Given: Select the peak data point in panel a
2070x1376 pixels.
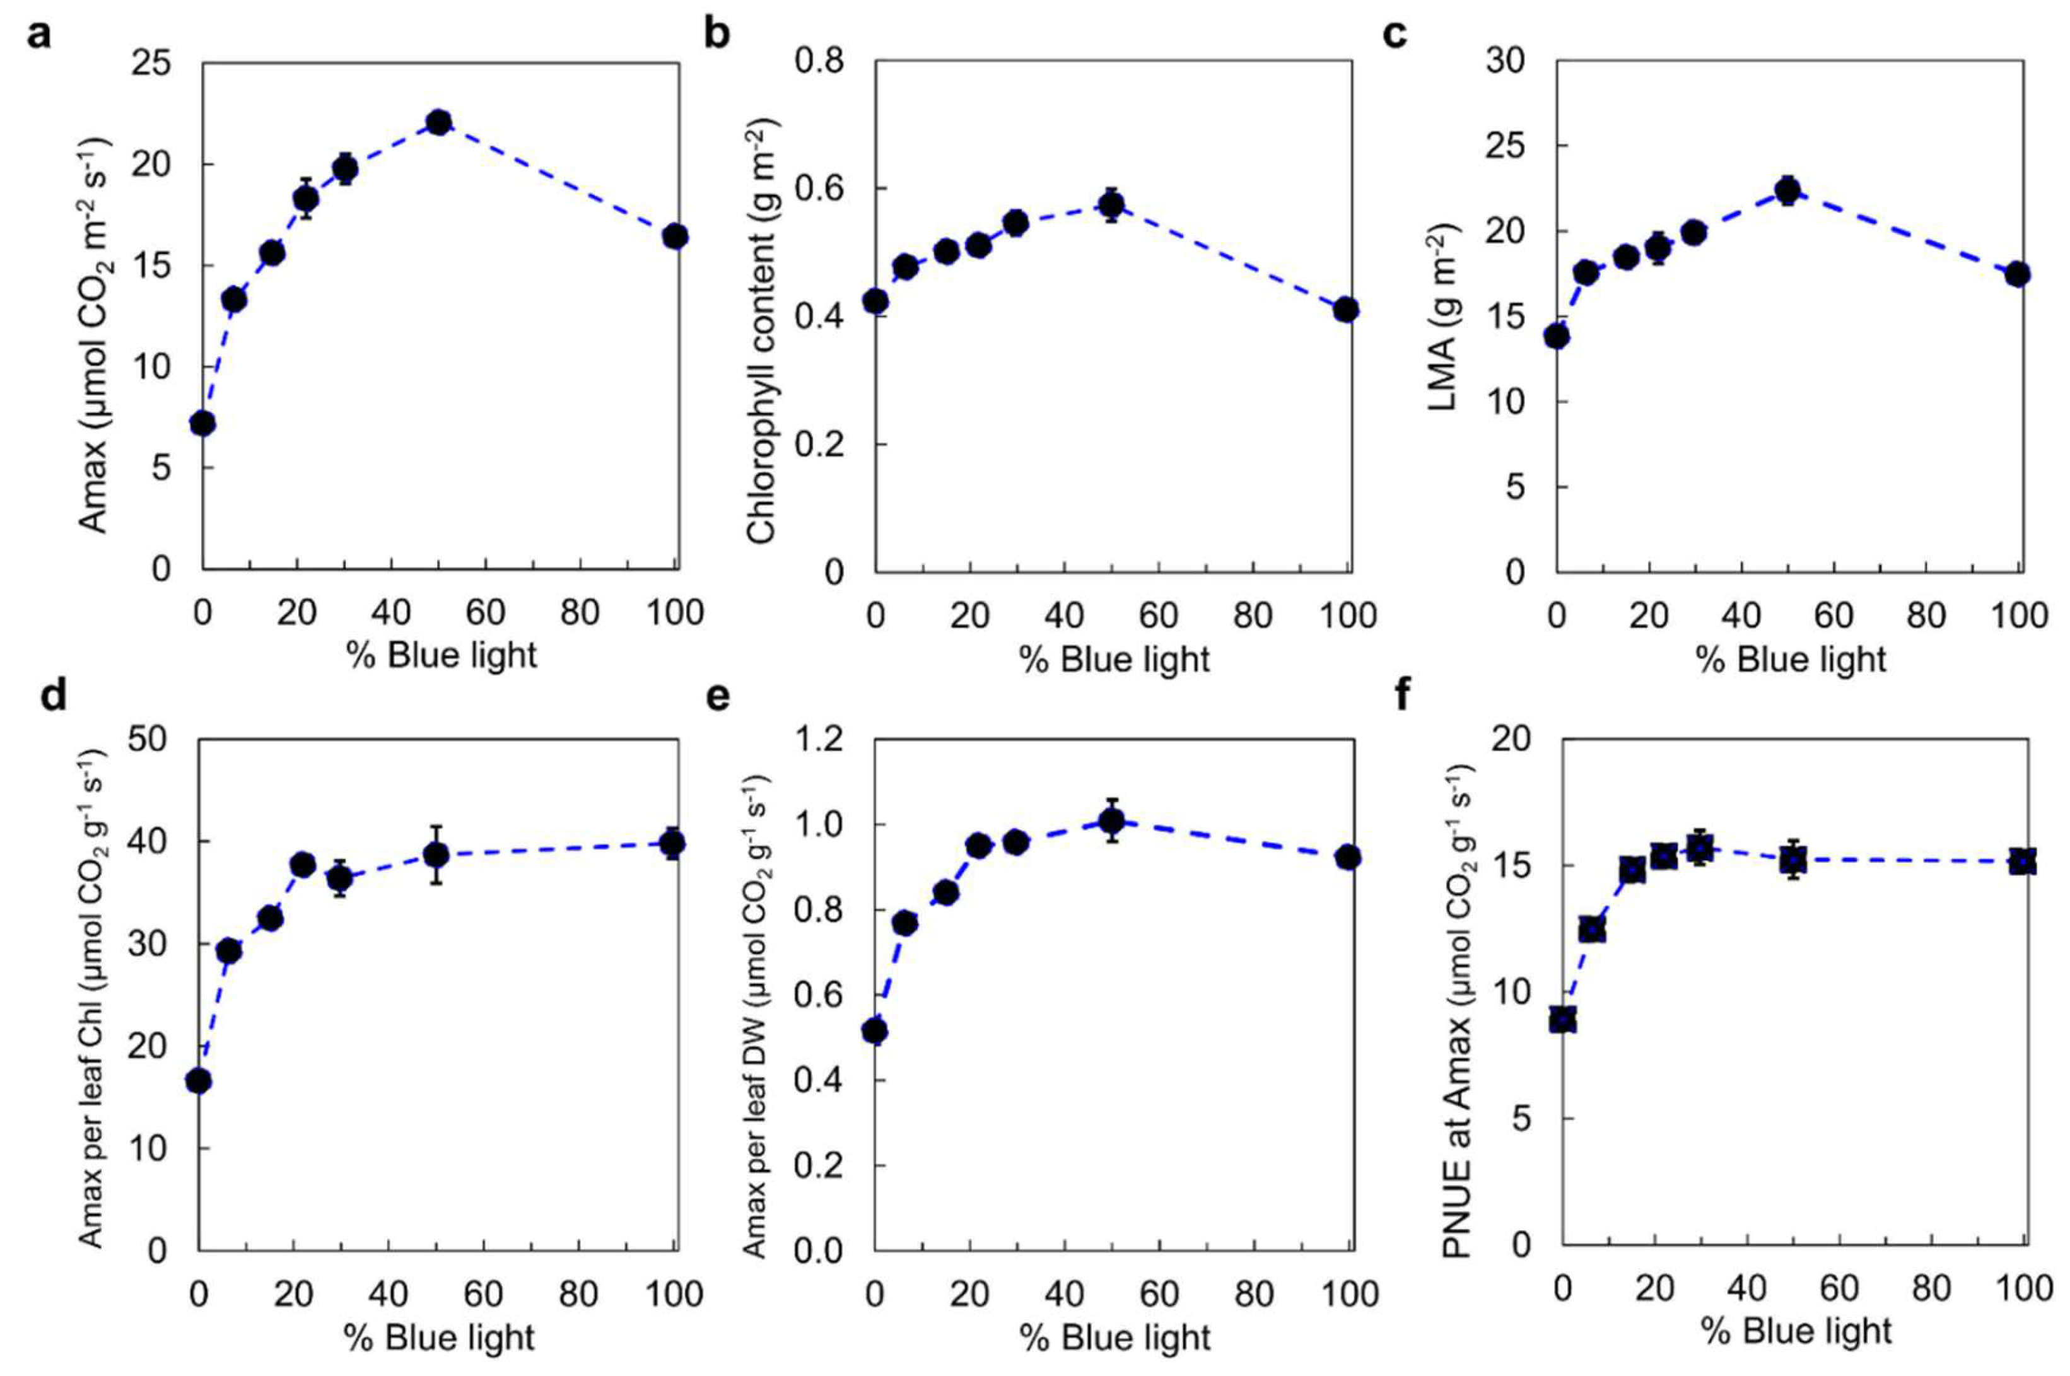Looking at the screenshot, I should pos(439,122).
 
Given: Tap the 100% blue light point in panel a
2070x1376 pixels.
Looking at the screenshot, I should pos(675,236).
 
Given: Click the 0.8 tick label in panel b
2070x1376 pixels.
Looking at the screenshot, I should pos(821,61).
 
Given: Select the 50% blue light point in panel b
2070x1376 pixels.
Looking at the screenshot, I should pos(1112,206).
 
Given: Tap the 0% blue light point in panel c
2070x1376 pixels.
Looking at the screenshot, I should pos(1557,336).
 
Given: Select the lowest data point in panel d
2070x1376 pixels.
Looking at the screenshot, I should pos(199,1081).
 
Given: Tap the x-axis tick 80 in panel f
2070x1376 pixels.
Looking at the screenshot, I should pos(1931,1288).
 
